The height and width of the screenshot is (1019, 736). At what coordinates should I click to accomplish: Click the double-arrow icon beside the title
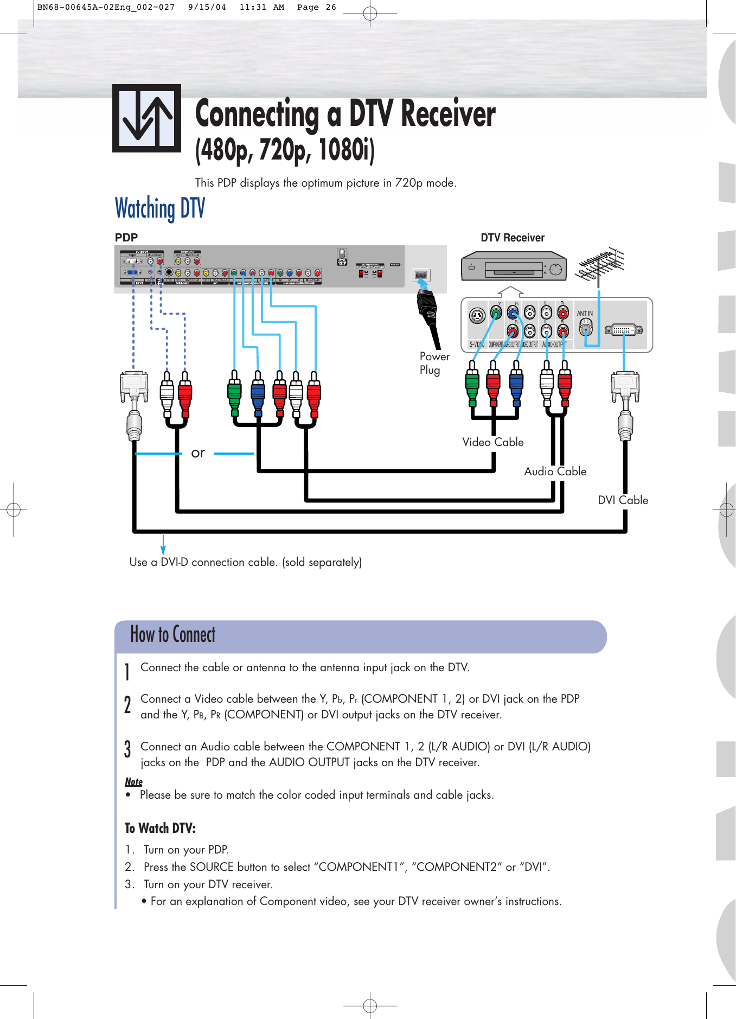pos(146,118)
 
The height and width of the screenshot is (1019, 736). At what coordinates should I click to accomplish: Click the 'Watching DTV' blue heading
pos(160,209)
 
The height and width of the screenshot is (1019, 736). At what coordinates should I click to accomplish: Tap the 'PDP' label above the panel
pos(126,238)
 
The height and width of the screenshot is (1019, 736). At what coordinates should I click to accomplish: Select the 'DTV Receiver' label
pos(512,238)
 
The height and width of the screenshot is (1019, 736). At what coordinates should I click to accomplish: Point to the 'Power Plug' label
pos(434,363)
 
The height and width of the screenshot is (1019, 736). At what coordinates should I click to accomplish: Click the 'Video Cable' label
pos(492,442)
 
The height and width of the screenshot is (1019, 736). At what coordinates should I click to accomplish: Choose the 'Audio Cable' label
pos(555,472)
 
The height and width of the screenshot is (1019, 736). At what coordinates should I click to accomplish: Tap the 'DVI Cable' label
pos(623,500)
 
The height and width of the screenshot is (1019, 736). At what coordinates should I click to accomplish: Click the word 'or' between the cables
pos(198,453)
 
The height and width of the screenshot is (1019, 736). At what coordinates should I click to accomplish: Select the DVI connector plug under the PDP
pos(134,386)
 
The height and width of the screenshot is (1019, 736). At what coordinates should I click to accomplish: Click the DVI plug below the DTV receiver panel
pos(625,386)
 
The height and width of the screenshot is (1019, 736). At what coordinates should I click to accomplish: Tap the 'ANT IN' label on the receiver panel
pos(585,314)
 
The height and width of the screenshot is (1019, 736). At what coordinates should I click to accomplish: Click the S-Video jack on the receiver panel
pos(477,316)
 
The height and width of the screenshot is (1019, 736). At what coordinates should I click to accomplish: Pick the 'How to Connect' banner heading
pos(172,635)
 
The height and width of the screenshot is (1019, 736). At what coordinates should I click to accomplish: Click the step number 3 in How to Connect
pos(127,749)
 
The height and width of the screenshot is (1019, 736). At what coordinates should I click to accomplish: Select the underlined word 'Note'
pos(133,782)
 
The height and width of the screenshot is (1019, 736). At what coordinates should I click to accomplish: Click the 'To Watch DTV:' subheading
pos(160,828)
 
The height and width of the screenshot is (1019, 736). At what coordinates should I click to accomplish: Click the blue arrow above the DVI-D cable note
pos(163,544)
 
